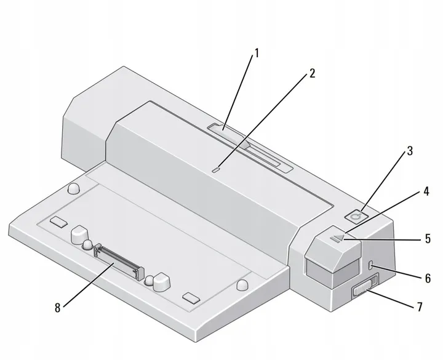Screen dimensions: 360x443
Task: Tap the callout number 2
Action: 312,73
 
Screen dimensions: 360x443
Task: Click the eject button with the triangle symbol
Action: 337,236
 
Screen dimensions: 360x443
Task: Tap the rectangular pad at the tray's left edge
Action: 59,220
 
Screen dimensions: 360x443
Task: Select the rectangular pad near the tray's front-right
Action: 192,298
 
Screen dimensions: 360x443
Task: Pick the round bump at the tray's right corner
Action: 242,284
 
